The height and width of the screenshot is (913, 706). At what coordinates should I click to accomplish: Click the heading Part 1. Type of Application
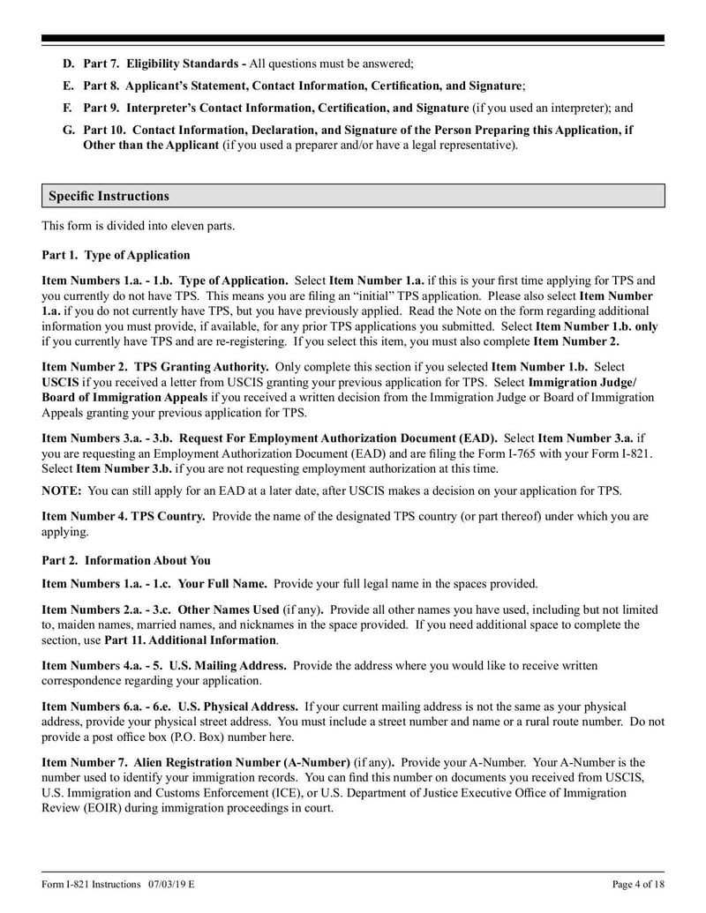pyautogui.click(x=116, y=255)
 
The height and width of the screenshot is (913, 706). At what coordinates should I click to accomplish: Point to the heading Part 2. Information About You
pyautogui.click(x=126, y=560)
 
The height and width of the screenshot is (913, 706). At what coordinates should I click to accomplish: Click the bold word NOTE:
pyautogui.click(x=62, y=490)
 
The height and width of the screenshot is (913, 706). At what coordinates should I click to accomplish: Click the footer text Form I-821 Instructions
pyautogui.click(x=91, y=884)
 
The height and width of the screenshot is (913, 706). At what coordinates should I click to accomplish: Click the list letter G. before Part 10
pyautogui.click(x=68, y=130)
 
